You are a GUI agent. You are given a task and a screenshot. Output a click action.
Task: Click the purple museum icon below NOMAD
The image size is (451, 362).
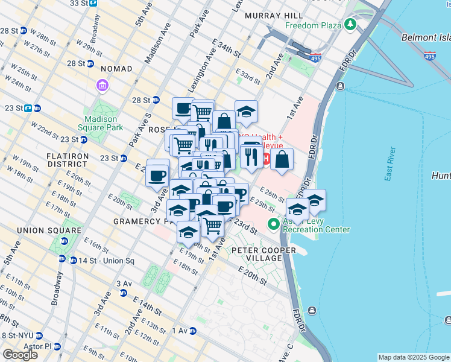101,86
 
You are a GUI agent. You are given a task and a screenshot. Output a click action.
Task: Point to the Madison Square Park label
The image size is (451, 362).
100,122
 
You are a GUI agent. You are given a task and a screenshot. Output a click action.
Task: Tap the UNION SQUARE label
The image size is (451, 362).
49,230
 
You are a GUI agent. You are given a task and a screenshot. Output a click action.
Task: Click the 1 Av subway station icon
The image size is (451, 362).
192,331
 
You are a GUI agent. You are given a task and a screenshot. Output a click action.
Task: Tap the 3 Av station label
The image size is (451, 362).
124,284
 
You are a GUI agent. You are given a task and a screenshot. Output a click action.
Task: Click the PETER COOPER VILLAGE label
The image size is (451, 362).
262,254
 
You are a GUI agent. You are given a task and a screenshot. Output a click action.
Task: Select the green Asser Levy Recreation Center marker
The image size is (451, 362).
274,224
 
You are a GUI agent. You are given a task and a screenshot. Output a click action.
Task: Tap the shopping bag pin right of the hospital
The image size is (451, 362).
282,160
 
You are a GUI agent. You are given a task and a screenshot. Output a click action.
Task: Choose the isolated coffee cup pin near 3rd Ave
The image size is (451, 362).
157,176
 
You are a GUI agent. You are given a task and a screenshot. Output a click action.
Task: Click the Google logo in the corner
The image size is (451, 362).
20,355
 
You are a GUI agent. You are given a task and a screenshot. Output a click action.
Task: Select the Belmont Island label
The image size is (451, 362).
425,37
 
